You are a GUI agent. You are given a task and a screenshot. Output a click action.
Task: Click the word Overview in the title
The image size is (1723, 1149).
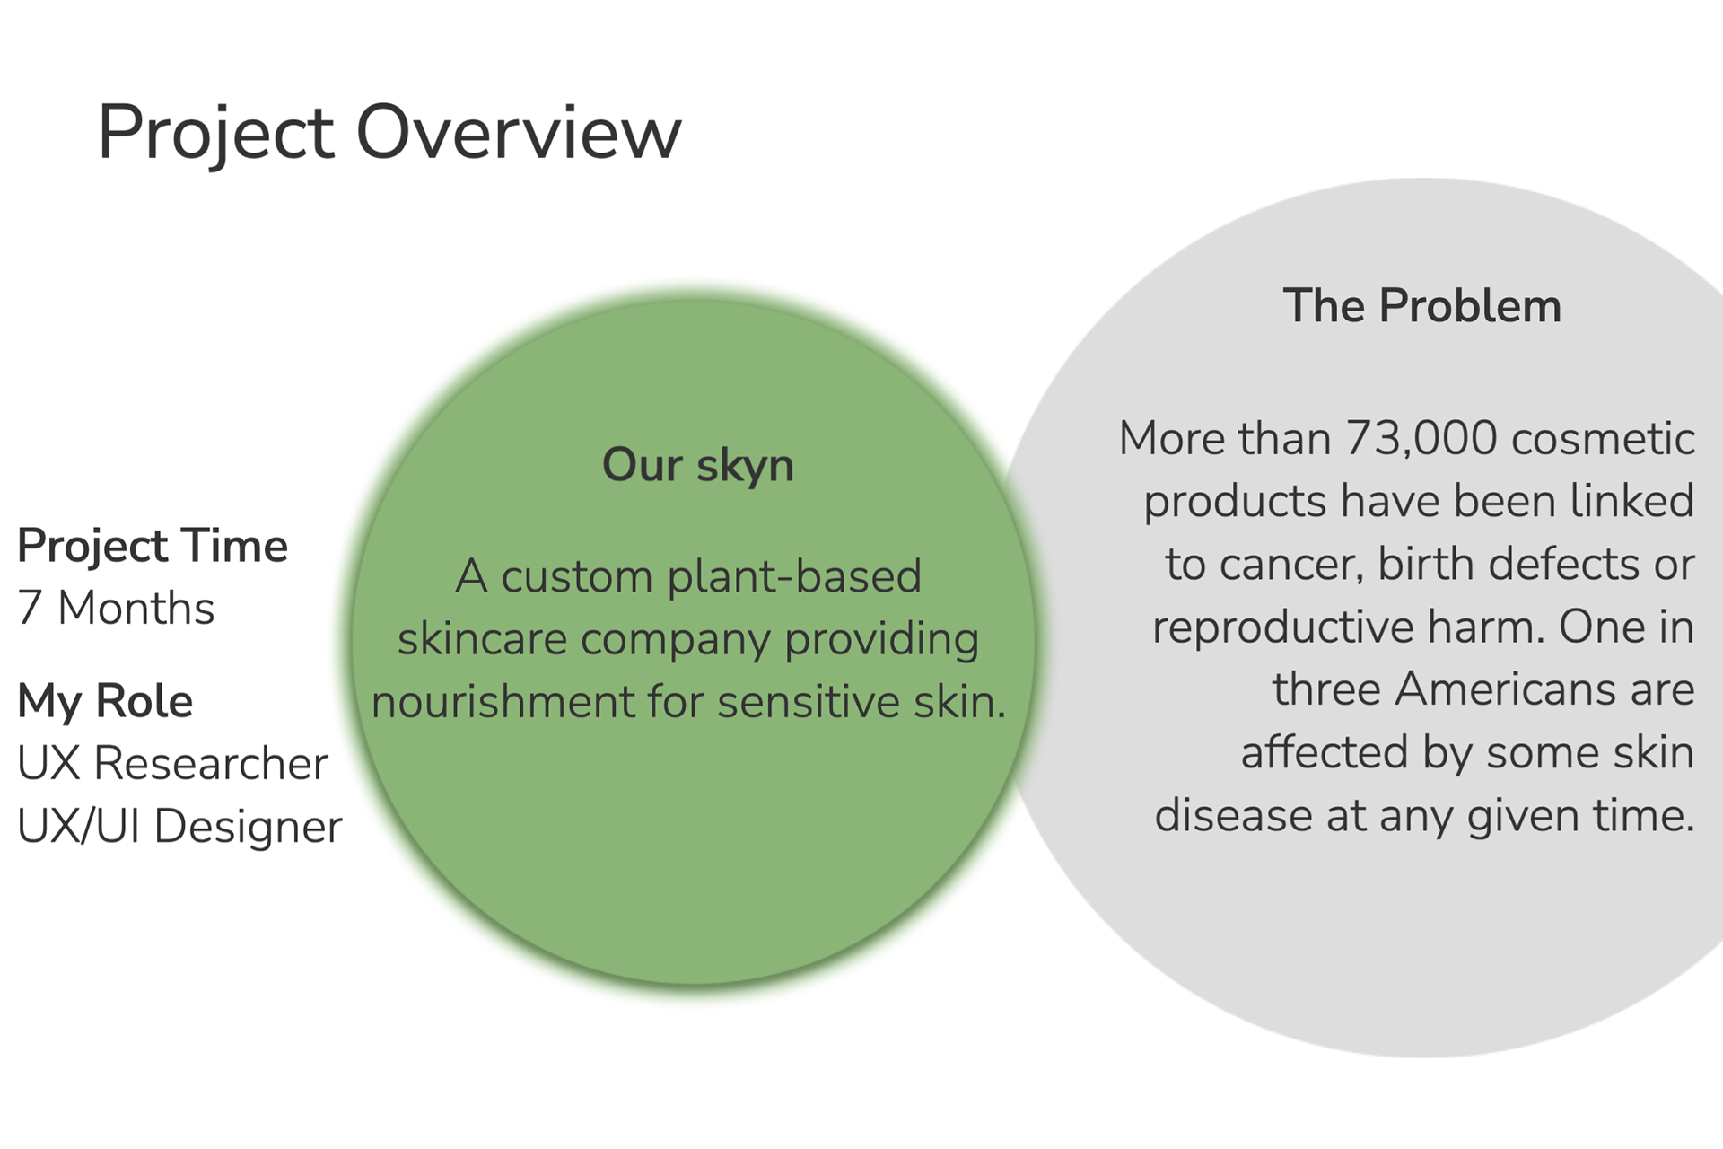pos(519,132)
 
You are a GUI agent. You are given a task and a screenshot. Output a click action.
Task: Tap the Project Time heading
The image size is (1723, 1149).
pos(153,547)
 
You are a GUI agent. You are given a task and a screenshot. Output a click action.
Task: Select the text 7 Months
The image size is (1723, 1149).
pos(116,608)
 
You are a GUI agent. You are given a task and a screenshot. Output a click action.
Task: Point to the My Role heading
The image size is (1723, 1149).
pos(105,702)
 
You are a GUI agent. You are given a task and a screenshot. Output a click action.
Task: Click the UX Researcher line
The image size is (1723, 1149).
pos(172,764)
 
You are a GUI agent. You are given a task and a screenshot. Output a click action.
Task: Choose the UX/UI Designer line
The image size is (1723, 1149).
pos(179,827)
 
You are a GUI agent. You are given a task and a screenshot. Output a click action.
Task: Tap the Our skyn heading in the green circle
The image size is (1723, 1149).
pos(698,466)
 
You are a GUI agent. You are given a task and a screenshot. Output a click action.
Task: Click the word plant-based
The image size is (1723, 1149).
pos(794,577)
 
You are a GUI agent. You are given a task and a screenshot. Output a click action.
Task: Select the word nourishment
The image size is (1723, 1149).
pos(503,702)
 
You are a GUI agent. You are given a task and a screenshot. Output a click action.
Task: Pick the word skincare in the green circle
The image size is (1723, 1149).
pos(482,639)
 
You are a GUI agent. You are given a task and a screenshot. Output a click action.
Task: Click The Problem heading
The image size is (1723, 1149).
pos(1422,306)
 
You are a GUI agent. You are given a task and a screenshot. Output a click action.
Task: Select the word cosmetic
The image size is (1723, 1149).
pos(1604,440)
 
